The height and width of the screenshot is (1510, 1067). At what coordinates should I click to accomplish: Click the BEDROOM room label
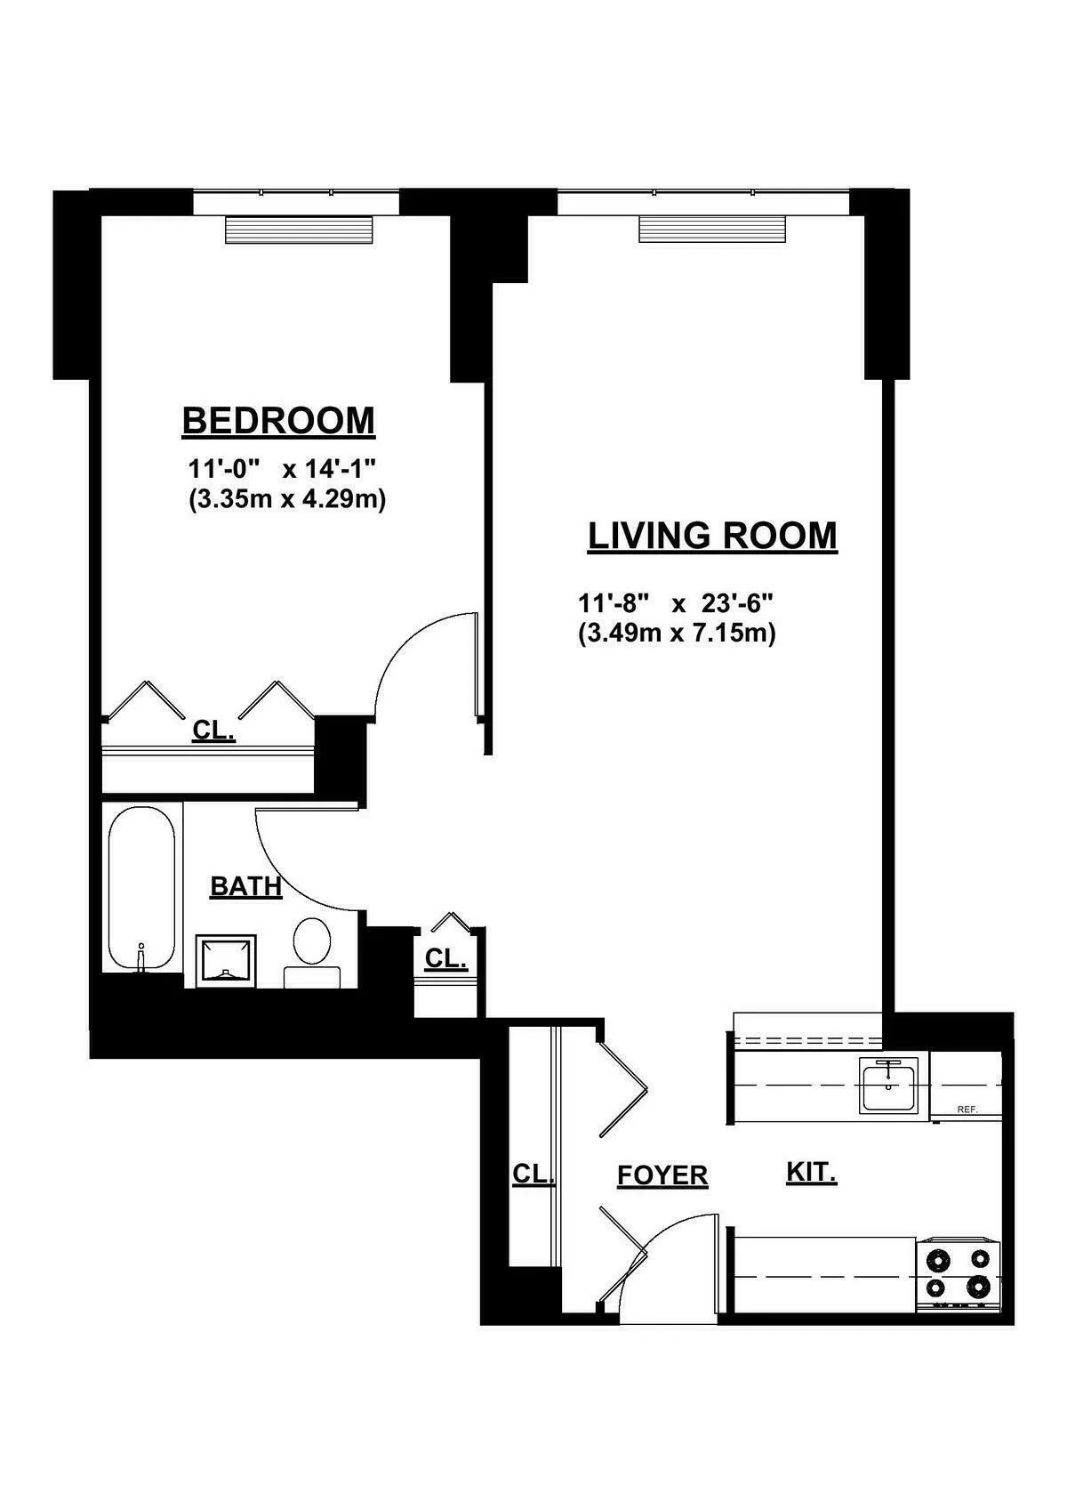click(x=278, y=420)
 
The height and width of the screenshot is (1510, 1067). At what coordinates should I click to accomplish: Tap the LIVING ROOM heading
click(x=712, y=536)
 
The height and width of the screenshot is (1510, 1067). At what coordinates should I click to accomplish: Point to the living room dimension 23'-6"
click(x=737, y=603)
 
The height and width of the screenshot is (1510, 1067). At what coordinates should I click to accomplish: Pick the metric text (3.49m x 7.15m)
click(x=677, y=634)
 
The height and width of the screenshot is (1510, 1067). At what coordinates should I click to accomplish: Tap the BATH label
click(x=245, y=886)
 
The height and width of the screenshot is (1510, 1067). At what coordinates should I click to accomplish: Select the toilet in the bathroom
click(x=311, y=941)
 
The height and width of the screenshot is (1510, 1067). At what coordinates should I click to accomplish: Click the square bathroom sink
click(x=226, y=960)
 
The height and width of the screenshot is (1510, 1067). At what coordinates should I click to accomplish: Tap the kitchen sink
click(x=888, y=1085)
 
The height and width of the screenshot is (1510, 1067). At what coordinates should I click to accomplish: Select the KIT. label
click(x=811, y=1172)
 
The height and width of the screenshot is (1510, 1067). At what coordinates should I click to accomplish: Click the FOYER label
click(x=662, y=1175)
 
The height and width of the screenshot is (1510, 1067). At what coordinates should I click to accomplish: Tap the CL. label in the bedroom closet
click(x=213, y=731)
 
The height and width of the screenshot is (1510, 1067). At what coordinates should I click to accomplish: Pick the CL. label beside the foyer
click(x=533, y=1174)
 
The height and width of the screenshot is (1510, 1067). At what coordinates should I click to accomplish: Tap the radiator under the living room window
click(x=713, y=229)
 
